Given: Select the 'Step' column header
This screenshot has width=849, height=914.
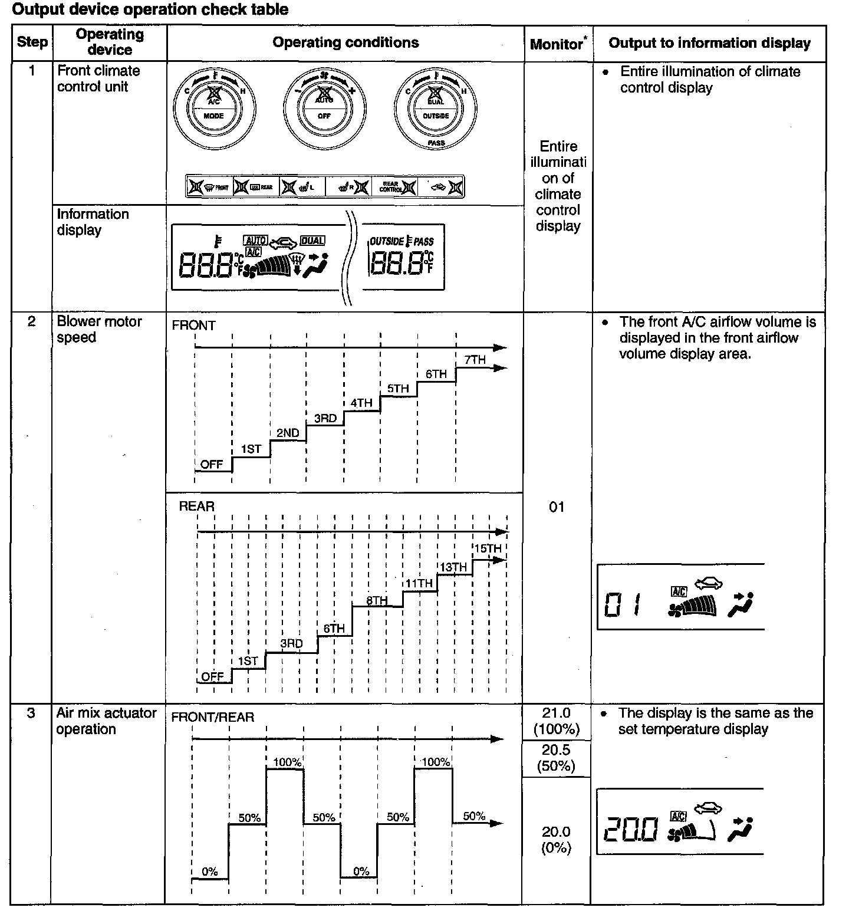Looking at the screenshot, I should (x=32, y=42).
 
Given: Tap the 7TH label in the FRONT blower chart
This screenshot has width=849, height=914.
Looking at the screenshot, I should (x=475, y=360).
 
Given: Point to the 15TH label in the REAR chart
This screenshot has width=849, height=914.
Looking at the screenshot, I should (x=488, y=548).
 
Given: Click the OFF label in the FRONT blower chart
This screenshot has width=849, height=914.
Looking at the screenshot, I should (x=212, y=464).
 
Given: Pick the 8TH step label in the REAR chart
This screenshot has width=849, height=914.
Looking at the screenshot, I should (x=377, y=600).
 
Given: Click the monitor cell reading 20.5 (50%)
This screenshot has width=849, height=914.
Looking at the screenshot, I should (x=557, y=758).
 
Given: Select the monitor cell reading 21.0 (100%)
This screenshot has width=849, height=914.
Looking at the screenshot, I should (x=557, y=721).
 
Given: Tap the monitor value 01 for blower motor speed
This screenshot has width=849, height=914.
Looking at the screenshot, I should (x=557, y=507).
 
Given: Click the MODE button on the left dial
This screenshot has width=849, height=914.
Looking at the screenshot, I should (x=213, y=116).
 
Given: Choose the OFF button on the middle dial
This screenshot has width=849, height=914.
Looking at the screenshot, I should (x=324, y=116).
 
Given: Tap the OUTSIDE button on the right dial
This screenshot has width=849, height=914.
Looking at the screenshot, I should (x=436, y=116).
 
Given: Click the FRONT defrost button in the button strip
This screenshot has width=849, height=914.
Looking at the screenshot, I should (x=209, y=188).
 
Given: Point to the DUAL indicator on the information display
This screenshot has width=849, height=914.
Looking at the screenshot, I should (x=312, y=241).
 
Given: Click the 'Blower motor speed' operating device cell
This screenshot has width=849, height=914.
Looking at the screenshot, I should (x=99, y=329).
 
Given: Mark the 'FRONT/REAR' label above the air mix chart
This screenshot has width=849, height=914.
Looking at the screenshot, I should (x=212, y=717).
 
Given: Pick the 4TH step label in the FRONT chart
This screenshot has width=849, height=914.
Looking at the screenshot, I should (x=361, y=403).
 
